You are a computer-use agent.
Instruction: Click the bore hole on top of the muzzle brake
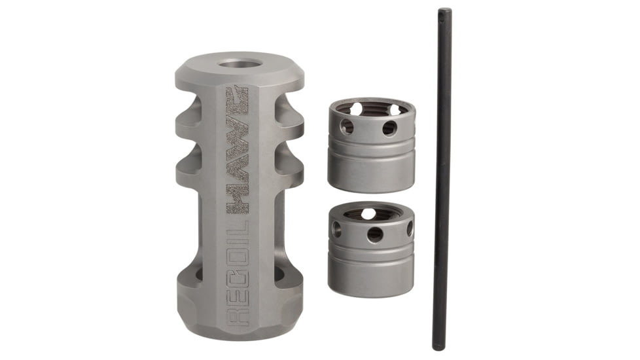coord(239,65)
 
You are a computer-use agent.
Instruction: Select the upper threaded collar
coord(371,145)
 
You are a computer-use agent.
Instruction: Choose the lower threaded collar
coord(371,249)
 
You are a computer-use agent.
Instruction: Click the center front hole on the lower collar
coord(375,234)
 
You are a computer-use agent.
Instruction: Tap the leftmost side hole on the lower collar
coord(336,228)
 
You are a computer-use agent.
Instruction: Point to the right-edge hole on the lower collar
coord(410,228)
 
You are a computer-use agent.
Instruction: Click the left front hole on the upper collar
coord(347,126)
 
